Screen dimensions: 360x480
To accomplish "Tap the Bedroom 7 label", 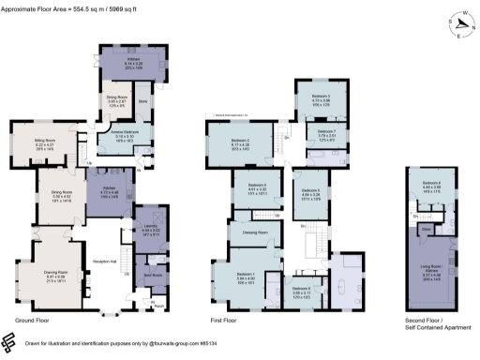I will click(x=325, y=131).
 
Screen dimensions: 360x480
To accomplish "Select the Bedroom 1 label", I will click(x=247, y=273).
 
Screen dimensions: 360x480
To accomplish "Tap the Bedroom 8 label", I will click(x=431, y=183).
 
